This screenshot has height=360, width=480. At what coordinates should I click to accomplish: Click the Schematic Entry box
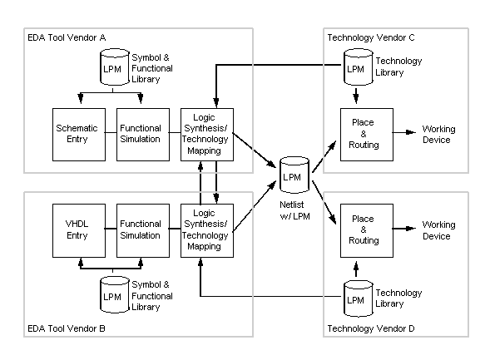tap(79, 135)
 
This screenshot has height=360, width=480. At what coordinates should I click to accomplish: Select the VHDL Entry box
tap(79, 230)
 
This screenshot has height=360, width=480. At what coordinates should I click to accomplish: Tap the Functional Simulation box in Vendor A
tap(143, 135)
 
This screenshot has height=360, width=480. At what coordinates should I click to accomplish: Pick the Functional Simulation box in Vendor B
tap(143, 230)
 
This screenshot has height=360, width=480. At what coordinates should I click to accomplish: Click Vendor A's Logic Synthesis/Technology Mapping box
tap(207, 135)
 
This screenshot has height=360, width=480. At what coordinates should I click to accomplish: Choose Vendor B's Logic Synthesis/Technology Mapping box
tap(207, 230)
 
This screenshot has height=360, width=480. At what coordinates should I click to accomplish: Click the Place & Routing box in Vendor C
tap(367, 135)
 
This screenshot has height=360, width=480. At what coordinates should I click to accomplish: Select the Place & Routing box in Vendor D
tap(367, 230)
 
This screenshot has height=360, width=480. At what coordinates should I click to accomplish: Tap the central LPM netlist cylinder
tap(294, 175)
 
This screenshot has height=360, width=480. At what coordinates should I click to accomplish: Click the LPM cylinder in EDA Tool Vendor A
tap(115, 67)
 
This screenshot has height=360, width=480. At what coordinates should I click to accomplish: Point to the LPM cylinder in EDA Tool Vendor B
tap(115, 294)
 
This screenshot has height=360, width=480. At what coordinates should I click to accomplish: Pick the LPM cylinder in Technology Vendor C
tap(359, 67)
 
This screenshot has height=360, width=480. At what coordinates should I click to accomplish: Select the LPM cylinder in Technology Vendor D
tap(359, 298)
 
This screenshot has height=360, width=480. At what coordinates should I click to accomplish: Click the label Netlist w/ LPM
tap(294, 210)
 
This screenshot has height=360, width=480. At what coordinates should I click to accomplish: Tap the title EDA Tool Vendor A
tap(67, 37)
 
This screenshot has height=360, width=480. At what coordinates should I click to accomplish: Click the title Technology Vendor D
tap(371, 328)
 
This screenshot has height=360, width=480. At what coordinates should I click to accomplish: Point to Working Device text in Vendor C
tap(438, 135)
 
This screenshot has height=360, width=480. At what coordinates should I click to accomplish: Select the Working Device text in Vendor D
tap(438, 230)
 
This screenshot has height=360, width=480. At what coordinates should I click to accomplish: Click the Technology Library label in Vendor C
tap(398, 67)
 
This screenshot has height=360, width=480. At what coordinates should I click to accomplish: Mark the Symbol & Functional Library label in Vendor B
tap(152, 296)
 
